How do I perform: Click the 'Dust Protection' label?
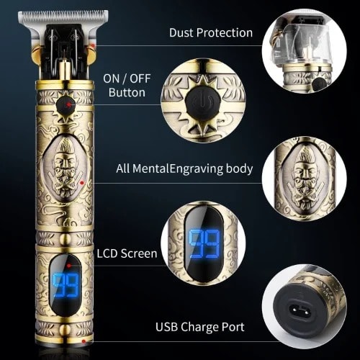(210, 32)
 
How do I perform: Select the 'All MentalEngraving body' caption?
(185, 168)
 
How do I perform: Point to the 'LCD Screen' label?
(127, 253)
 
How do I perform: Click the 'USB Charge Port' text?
(200, 327)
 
